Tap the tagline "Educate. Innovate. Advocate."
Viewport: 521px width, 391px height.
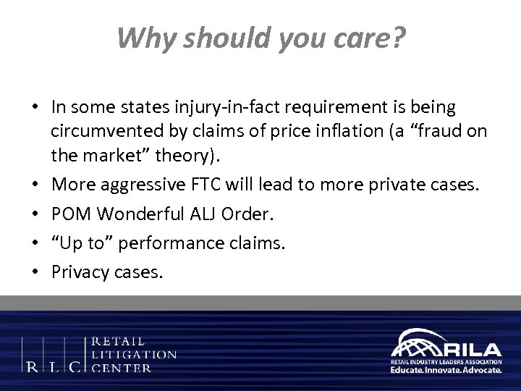click(446, 369)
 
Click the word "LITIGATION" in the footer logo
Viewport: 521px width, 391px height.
click(134, 354)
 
